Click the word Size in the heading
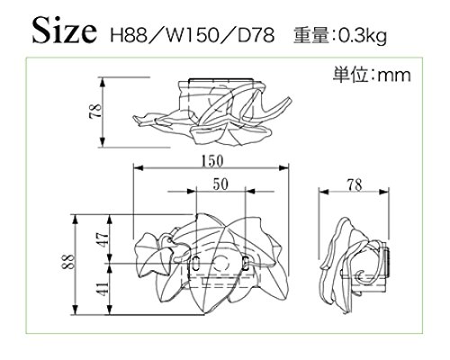(x=65, y=31)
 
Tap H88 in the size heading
(x=130, y=35)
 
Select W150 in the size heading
(x=193, y=35)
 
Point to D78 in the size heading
(x=256, y=35)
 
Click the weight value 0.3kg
(x=363, y=36)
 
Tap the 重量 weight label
(x=311, y=35)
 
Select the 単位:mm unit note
(x=372, y=75)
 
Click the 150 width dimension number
(x=212, y=160)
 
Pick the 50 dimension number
(x=220, y=184)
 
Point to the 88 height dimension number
(x=68, y=262)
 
